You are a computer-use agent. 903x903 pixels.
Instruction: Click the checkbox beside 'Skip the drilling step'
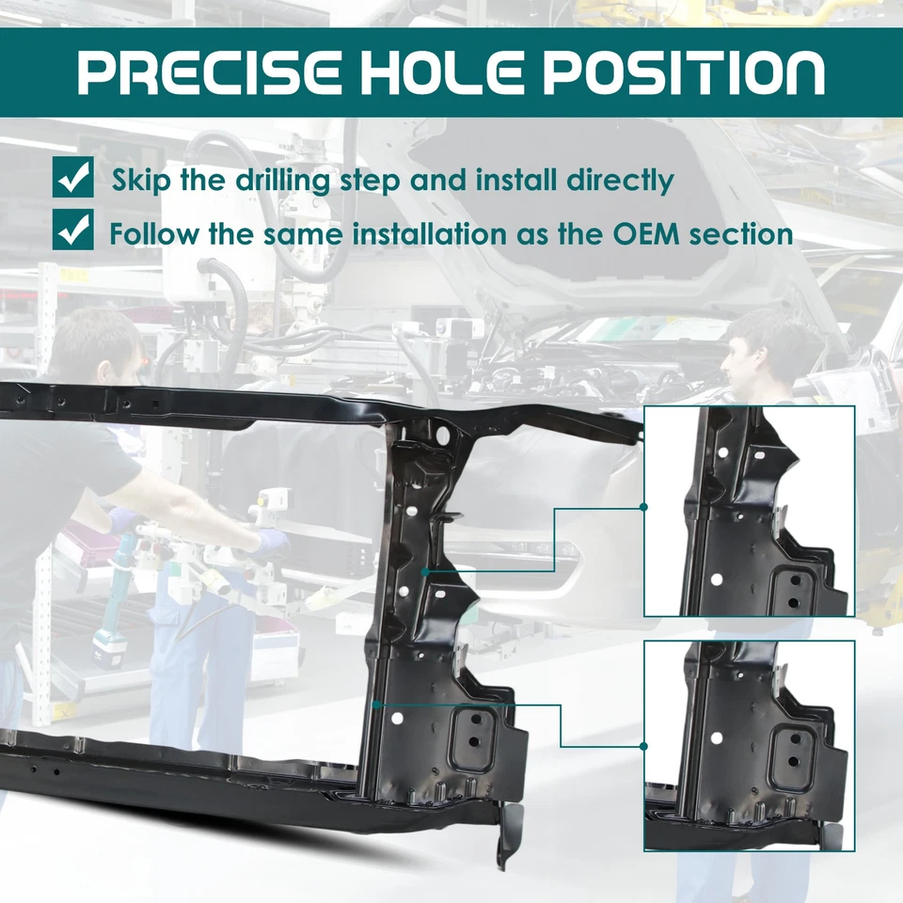tap(72, 178)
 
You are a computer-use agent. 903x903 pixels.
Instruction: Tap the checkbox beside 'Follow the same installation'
tap(72, 231)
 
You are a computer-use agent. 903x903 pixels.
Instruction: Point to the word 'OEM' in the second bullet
tap(642, 233)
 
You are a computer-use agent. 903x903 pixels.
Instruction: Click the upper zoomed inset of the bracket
tap(749, 511)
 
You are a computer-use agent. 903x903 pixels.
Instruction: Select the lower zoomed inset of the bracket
tap(749, 745)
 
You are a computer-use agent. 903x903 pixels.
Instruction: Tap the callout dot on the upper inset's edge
tap(643, 506)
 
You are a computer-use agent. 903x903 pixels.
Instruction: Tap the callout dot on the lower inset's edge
tap(643, 746)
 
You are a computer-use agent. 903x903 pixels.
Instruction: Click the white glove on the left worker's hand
tap(270, 540)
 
